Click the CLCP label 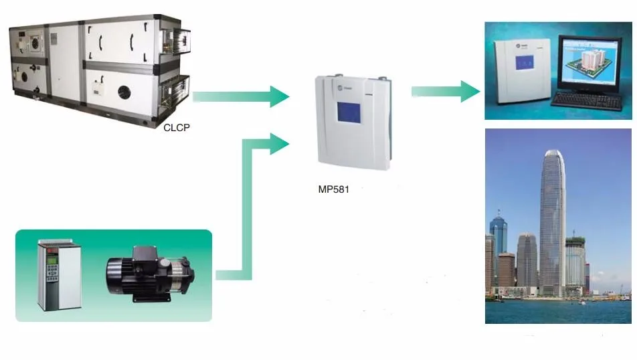coord(177,125)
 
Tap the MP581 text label coord(333,189)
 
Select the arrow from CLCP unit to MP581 coord(241,96)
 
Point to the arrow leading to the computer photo coord(445,92)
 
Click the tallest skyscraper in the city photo coord(553,221)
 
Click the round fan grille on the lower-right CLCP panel coord(125,92)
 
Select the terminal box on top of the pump coord(145,254)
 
